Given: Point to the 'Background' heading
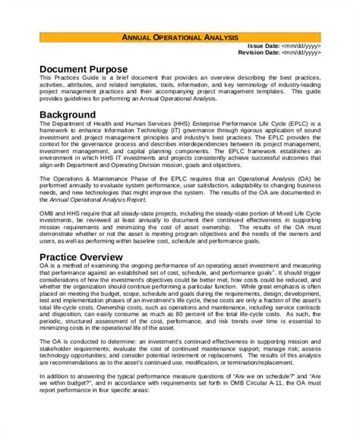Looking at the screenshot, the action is (68, 115).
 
